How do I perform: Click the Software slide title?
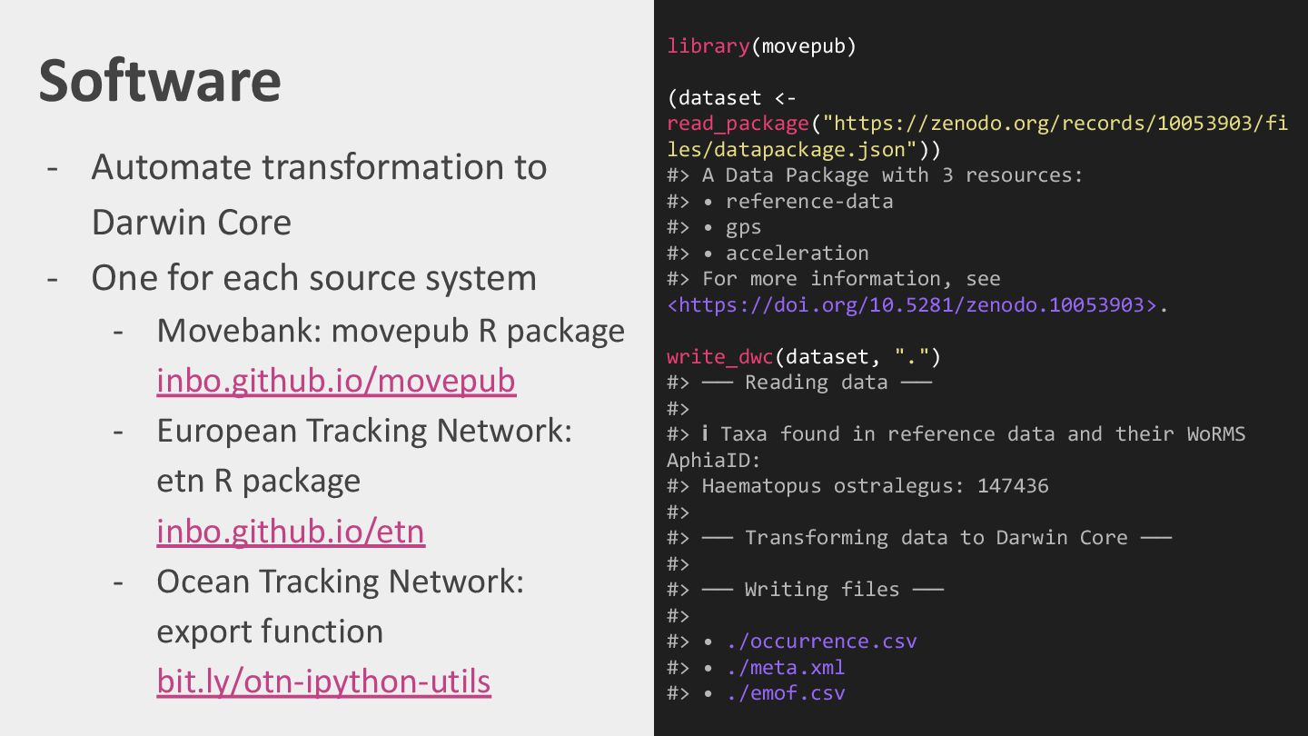coord(160,80)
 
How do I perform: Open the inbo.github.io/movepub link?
coord(336,381)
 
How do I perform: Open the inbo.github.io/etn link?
coord(291,532)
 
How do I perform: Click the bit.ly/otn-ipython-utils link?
coord(323,681)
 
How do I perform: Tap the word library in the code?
coord(708,46)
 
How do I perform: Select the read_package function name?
coord(738,124)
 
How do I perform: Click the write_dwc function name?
coord(720,357)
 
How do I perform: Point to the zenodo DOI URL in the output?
coord(912,305)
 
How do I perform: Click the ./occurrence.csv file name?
coord(821,642)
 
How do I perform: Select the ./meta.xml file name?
coord(785,668)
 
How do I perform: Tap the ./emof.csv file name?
coord(785,694)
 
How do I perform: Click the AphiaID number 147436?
coord(1013,486)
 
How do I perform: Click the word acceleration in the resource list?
coord(797,254)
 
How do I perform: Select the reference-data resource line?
coord(808,202)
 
